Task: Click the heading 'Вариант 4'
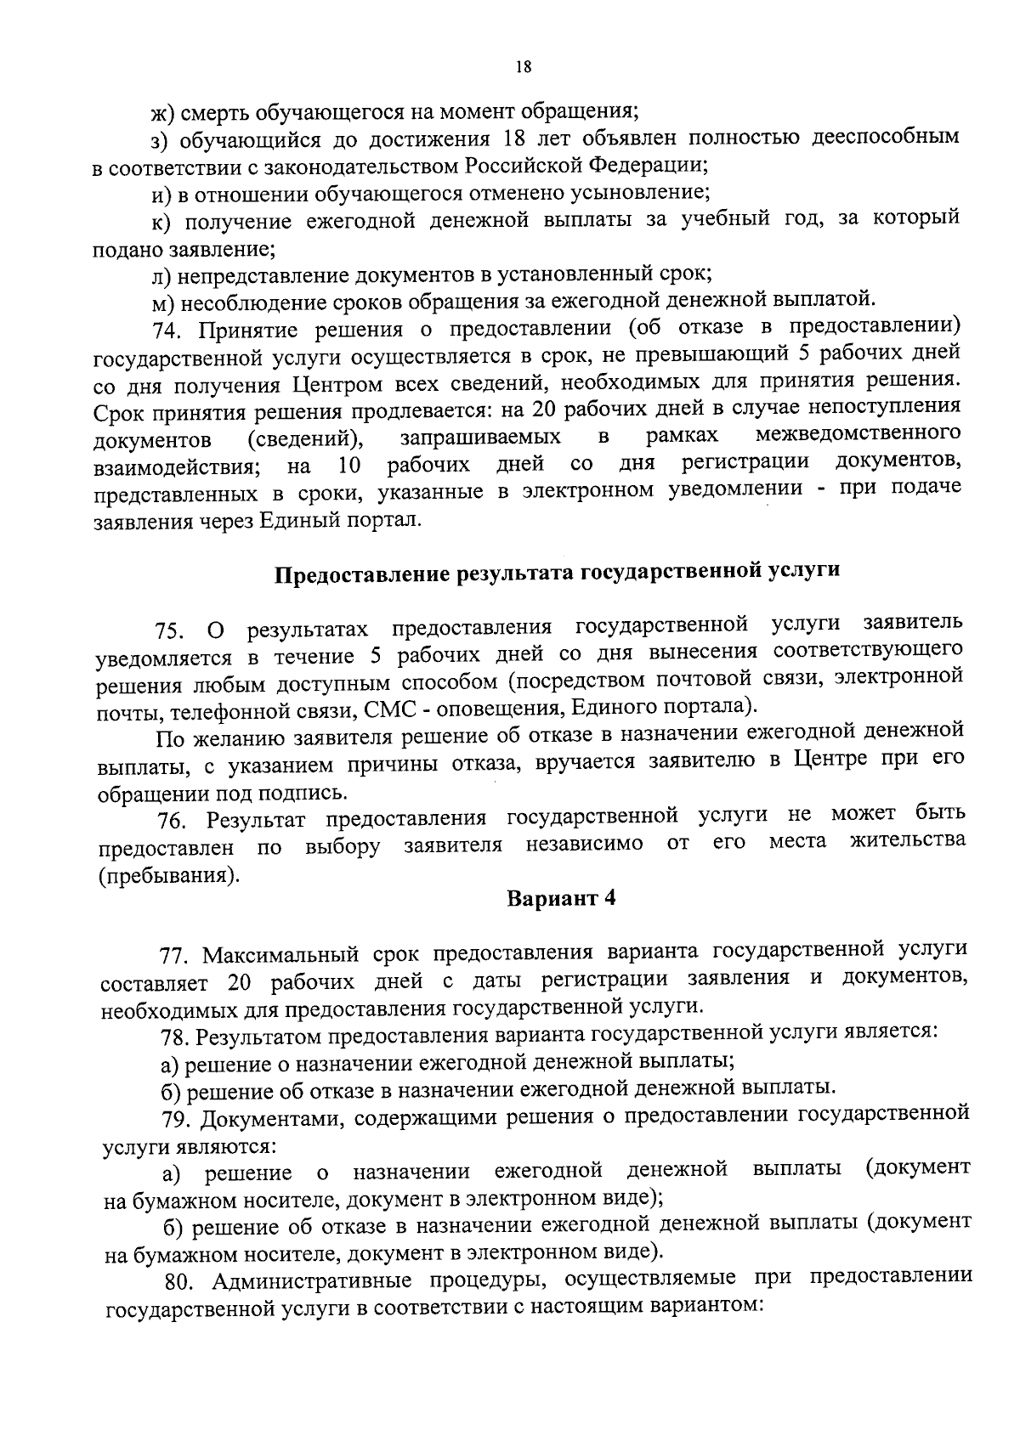coord(561,899)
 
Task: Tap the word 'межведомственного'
coord(858,436)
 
